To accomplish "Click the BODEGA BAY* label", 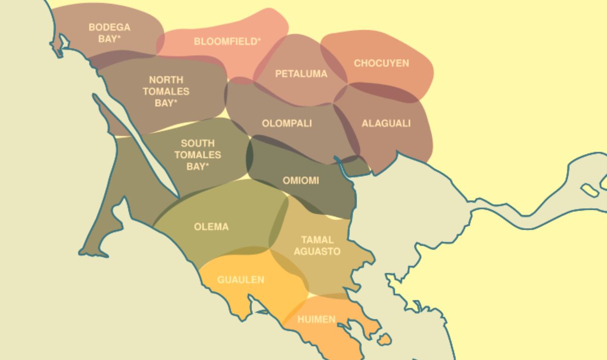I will click(x=109, y=33).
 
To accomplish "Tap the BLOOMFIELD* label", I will click(x=227, y=42).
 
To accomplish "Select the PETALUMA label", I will click(x=301, y=74).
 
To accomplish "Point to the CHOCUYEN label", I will click(x=381, y=63).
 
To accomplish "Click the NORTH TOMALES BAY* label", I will click(x=166, y=91).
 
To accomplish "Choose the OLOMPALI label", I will click(x=287, y=124).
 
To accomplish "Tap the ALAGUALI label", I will click(x=386, y=124).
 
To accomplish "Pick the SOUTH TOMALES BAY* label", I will click(x=198, y=155).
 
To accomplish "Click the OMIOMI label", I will click(x=301, y=181).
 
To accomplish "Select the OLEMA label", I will click(x=211, y=227).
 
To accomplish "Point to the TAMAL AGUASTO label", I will click(x=317, y=246).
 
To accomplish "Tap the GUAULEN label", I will click(x=240, y=280).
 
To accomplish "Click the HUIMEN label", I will click(x=316, y=319).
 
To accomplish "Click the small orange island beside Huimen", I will click(x=384, y=340).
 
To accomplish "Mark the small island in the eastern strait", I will click(x=589, y=190).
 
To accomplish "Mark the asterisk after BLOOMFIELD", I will click(x=259, y=40).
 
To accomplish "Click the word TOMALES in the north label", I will click(x=166, y=91).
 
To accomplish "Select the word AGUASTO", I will click(x=317, y=251).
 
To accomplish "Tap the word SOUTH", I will click(x=198, y=143).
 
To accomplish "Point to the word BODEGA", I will click(x=109, y=28).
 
